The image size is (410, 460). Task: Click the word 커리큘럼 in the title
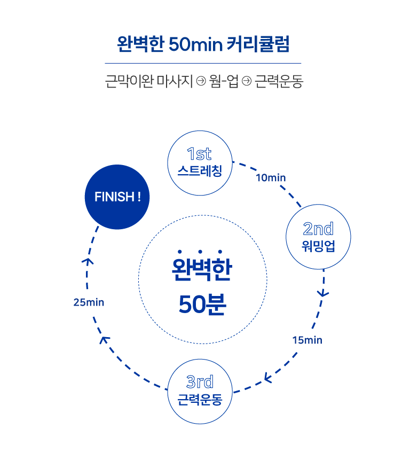[258, 44]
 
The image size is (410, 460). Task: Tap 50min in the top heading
[195, 44]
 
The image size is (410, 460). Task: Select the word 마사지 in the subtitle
[175, 81]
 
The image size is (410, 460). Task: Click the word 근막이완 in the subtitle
[129, 81]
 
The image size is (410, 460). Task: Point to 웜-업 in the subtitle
[224, 81]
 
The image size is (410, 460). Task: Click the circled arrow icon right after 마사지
[201, 81]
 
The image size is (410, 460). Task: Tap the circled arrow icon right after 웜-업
[247, 81]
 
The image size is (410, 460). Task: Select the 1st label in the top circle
[199, 154]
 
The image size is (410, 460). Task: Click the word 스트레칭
[200, 171]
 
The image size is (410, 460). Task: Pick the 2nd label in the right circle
[318, 229]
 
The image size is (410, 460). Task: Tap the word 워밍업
[318, 246]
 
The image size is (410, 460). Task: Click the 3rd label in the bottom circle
[200, 381]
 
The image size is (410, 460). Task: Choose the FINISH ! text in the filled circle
[117, 197]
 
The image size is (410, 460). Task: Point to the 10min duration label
[271, 178]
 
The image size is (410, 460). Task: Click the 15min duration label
[307, 340]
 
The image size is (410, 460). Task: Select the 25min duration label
[89, 302]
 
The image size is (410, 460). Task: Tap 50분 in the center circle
[202, 304]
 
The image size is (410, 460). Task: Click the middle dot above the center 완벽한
[200, 252]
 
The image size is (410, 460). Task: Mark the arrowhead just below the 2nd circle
[323, 293]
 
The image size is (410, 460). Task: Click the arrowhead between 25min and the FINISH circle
[88, 261]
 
